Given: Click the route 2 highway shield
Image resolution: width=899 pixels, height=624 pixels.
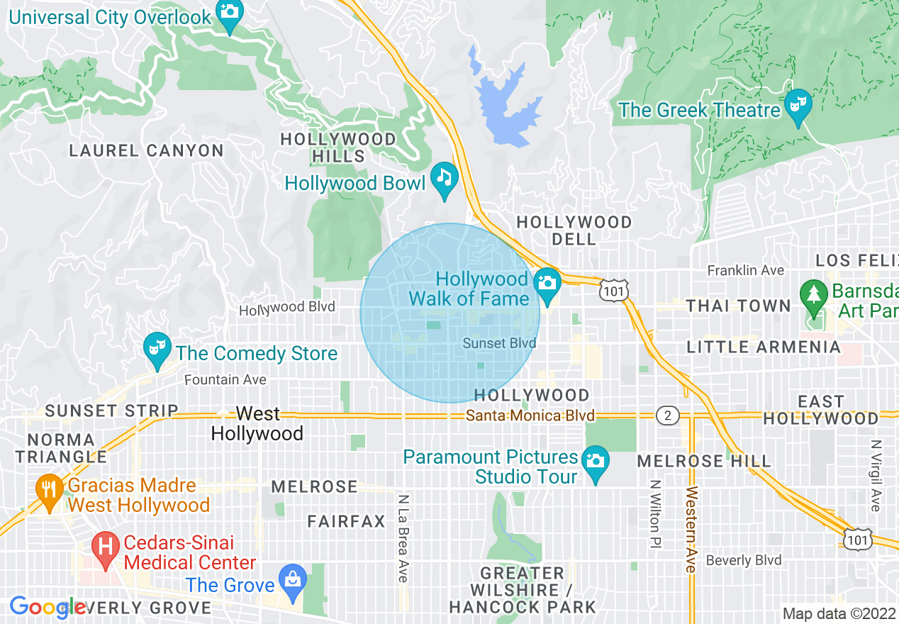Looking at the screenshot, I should (x=667, y=416).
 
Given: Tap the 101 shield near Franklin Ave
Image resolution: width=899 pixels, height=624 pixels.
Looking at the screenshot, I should (x=611, y=290).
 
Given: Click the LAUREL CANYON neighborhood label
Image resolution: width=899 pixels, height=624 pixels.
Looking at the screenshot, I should (x=147, y=150).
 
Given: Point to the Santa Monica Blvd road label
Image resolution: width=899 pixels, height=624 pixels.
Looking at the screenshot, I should (x=530, y=416).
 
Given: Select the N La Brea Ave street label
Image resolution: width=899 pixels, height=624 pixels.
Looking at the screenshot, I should (x=403, y=538).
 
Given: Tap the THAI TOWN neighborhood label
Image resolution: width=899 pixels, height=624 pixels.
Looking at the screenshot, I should (x=737, y=306).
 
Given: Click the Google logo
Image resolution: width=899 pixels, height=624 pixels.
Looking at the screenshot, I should (x=48, y=607).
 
